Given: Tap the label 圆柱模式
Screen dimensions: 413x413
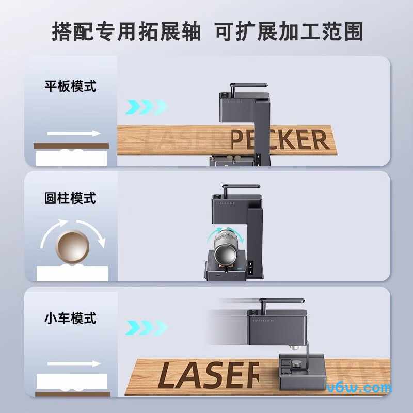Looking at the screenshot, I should tap(70, 198).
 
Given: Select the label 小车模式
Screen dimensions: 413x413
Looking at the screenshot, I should tap(70, 318).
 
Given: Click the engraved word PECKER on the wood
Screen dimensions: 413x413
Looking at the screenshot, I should tap(279, 139).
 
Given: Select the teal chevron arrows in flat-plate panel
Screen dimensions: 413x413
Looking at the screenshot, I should tap(146, 107).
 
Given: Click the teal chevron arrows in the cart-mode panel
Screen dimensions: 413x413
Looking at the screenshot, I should tap(146, 327).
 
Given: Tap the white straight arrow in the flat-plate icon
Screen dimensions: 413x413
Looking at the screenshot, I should tap(74, 133).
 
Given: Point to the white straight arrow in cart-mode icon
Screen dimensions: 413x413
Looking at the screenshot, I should tap(74, 364).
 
